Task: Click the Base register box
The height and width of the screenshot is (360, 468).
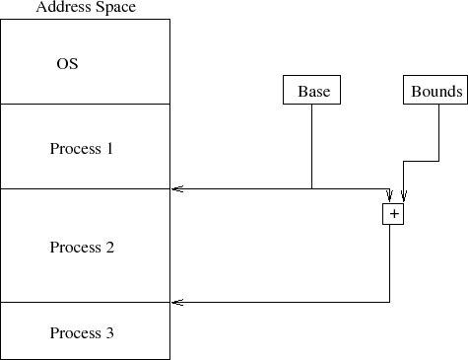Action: (312, 92)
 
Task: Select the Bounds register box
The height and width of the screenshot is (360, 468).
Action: (435, 92)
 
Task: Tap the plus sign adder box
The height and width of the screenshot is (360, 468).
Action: (393, 213)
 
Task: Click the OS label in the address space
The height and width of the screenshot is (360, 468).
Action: (67, 64)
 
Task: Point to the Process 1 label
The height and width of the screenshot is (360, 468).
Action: (82, 149)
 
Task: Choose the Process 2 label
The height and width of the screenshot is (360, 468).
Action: (82, 248)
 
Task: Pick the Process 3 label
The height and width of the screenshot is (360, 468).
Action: (82, 333)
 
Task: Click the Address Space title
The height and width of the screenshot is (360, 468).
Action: (86, 8)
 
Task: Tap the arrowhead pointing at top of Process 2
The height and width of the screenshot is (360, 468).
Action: (176, 188)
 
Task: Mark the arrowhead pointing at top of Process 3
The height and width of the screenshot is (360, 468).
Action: (176, 302)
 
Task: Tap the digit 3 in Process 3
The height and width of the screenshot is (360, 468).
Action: (110, 333)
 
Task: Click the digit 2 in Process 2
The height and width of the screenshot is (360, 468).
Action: (110, 248)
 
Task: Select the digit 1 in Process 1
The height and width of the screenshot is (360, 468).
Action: (110, 149)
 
